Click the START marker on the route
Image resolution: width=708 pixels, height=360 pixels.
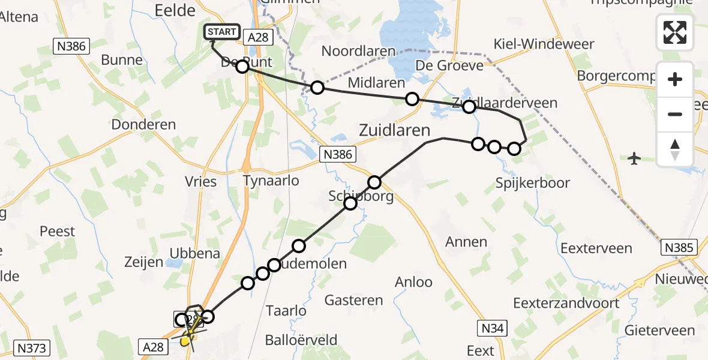tap(223, 32)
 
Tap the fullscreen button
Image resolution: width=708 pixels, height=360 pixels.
tap(675, 32)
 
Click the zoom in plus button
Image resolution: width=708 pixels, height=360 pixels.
tap(675, 79)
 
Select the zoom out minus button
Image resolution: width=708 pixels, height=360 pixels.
tap(675, 114)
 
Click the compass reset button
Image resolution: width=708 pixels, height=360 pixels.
tap(675, 149)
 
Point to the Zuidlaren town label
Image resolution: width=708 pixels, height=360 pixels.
tap(395, 130)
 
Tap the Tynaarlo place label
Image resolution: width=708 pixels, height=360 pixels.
tap(271, 180)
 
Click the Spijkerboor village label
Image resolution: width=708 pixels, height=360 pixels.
tap(533, 182)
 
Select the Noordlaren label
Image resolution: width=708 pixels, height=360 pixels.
tap(359, 51)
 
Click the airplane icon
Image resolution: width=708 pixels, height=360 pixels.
tap(634, 158)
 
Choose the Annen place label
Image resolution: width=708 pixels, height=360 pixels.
tap(466, 242)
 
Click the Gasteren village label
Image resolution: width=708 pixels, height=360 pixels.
tap(353, 300)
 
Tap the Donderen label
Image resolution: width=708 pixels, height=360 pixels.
tap(143, 125)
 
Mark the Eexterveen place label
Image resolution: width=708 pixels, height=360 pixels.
tap(596, 248)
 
